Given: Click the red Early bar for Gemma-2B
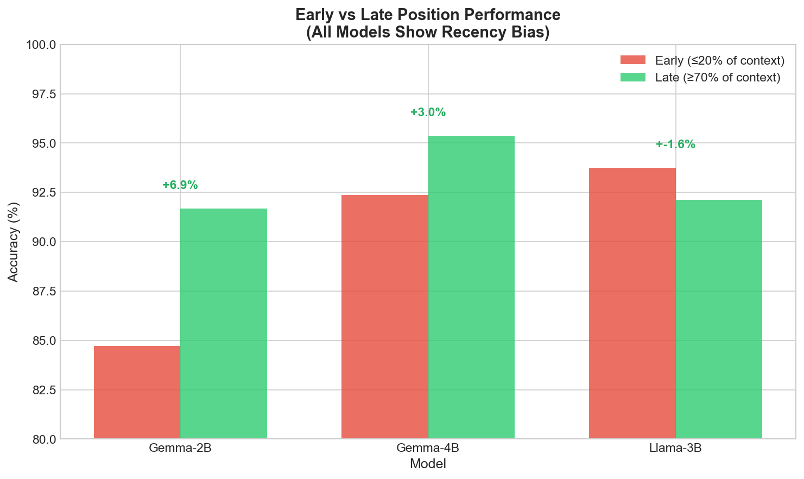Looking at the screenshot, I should (137, 392).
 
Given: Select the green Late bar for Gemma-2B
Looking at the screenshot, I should (224, 324).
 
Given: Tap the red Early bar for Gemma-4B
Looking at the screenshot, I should (385, 317).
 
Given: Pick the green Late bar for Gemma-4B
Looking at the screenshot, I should (471, 287).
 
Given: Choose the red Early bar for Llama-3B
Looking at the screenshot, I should (632, 303).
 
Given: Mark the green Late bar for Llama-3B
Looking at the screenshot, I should (719, 319).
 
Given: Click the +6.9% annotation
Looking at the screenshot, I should (180, 185).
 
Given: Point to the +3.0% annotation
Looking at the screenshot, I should (428, 112).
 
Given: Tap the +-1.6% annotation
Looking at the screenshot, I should (675, 144).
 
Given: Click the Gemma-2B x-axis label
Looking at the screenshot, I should (180, 449).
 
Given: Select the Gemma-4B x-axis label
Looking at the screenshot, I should (428, 449).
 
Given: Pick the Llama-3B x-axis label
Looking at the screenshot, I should (675, 449).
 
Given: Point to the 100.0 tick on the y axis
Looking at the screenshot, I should (40, 45).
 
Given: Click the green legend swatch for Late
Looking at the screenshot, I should (632, 77).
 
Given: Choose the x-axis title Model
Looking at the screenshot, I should (428, 464).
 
